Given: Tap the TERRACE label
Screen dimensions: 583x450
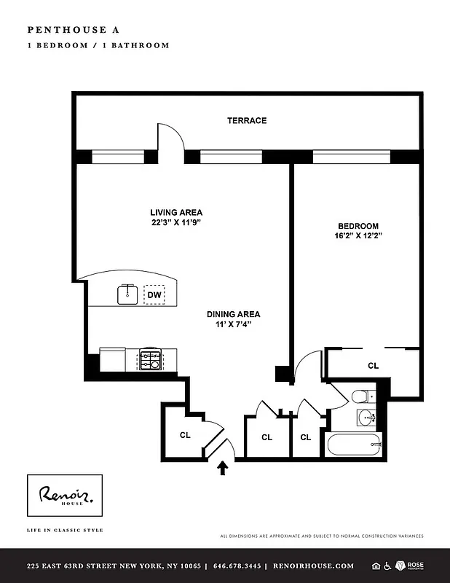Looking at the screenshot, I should pos(247,120).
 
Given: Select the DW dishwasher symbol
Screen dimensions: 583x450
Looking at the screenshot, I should pos(154,295).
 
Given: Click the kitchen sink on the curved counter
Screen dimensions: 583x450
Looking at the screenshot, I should pos(128,294).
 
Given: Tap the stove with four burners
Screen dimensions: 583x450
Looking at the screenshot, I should pos(151,359).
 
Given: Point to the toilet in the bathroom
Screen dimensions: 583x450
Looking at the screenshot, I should pos(362,397).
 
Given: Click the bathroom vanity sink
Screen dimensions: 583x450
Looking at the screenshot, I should pos(366,418).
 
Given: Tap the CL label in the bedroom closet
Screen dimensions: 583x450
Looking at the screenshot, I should pos(373,366).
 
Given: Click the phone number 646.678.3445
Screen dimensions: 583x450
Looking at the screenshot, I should pos(235,566).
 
